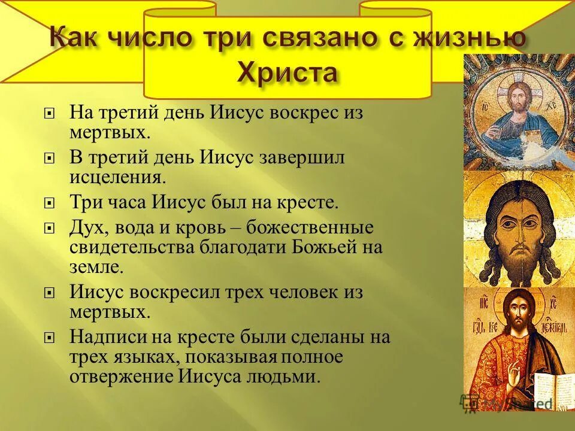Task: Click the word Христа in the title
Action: pos(288,74)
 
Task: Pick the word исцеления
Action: pos(117,177)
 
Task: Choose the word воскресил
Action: pos(180,293)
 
